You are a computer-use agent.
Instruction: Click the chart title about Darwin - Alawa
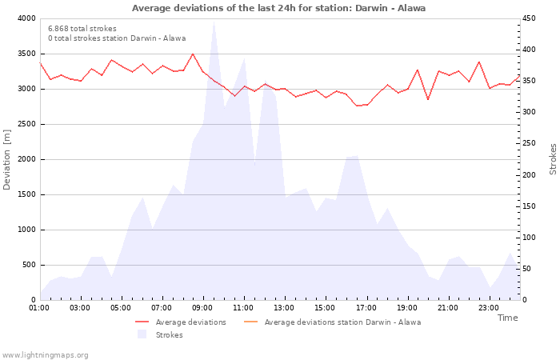[278, 8]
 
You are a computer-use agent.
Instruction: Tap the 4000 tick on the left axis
[25, 18]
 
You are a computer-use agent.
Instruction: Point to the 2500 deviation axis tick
[25, 124]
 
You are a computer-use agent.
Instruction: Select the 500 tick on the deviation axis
[27, 265]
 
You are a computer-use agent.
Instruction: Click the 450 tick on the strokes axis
[529, 18]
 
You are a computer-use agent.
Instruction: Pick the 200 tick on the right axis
[529, 174]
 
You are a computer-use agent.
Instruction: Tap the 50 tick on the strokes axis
[526, 269]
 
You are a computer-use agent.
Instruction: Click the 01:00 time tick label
[39, 307]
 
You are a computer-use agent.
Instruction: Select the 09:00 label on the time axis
[202, 307]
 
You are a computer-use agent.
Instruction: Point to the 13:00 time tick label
[284, 307]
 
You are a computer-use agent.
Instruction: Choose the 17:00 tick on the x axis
[366, 307]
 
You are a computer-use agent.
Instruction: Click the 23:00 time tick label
[488, 307]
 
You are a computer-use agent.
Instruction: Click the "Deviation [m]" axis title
[8, 159]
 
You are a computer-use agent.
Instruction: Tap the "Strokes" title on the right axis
[552, 159]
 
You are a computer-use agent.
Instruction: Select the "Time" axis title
[507, 318]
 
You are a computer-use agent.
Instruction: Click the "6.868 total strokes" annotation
[82, 29]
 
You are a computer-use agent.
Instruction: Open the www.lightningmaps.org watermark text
[46, 354]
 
